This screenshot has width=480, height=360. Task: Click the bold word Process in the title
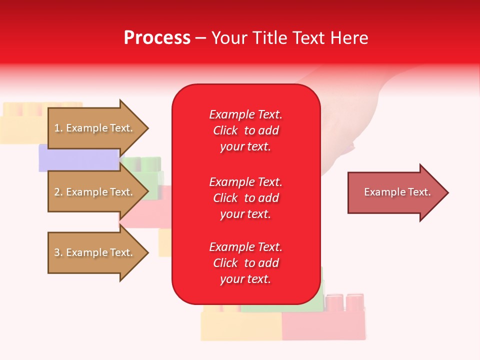[157, 38]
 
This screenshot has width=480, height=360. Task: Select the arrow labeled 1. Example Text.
[95, 128]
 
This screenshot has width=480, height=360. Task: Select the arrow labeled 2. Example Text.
[95, 192]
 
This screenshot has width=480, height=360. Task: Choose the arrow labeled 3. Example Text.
[95, 252]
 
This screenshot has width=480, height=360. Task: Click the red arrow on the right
[395, 192]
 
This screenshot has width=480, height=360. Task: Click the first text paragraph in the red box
[245, 130]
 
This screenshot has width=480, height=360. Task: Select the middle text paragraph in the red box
[245, 198]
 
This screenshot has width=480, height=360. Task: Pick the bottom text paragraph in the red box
[245, 263]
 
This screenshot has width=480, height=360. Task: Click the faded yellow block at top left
[22, 125]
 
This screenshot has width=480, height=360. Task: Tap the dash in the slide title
[201, 38]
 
